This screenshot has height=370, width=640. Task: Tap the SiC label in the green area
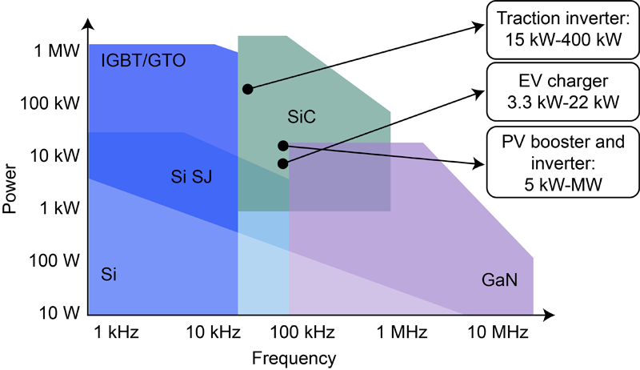pos(302,117)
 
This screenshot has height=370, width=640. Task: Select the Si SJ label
pos(192,175)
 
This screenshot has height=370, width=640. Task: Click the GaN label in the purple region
pos(500,280)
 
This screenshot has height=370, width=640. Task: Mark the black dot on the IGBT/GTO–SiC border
pos(248,88)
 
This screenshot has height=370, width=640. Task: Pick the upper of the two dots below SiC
pos(282,146)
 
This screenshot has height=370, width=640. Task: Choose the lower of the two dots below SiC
pos(282,163)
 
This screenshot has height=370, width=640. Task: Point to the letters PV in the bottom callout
pos(512,144)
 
